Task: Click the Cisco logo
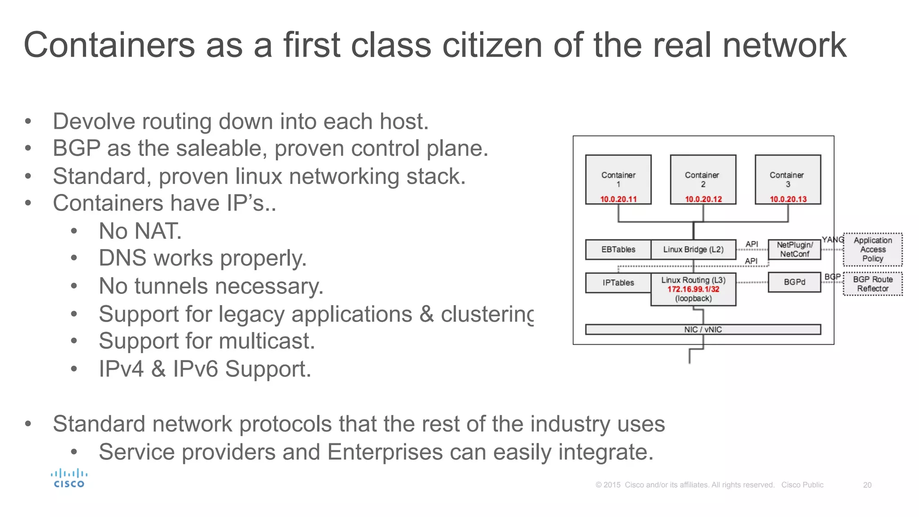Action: click(69, 478)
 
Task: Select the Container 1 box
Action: click(618, 180)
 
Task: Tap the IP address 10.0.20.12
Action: click(703, 199)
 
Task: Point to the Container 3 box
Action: click(788, 180)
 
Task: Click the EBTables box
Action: click(618, 250)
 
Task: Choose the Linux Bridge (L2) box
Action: click(693, 250)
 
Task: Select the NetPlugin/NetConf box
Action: click(794, 250)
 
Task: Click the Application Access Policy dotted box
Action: click(872, 250)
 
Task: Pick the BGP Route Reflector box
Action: click(872, 284)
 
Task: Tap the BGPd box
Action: click(794, 282)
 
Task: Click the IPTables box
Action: click(618, 283)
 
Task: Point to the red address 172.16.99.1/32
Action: click(693, 289)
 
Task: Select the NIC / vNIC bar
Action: click(703, 329)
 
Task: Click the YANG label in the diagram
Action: click(832, 240)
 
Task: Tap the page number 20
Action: click(867, 485)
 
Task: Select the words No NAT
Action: click(140, 231)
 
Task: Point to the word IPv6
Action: click(196, 369)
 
